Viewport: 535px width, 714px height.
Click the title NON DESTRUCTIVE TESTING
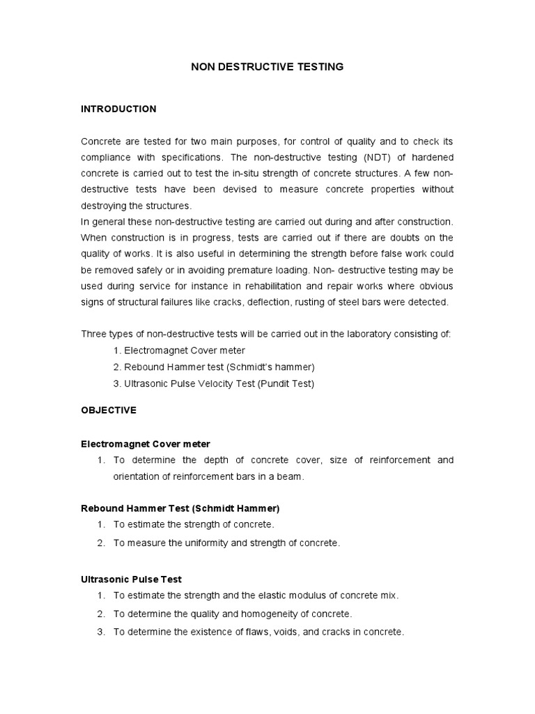coord(267,67)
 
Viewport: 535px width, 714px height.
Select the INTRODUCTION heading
coord(118,109)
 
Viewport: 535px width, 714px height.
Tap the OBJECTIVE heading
coord(109,411)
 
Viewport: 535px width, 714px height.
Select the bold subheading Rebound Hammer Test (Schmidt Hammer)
coord(180,508)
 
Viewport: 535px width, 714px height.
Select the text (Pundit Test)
coord(286,383)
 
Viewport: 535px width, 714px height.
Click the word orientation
coord(139,476)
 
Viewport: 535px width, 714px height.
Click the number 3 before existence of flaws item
coord(100,632)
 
